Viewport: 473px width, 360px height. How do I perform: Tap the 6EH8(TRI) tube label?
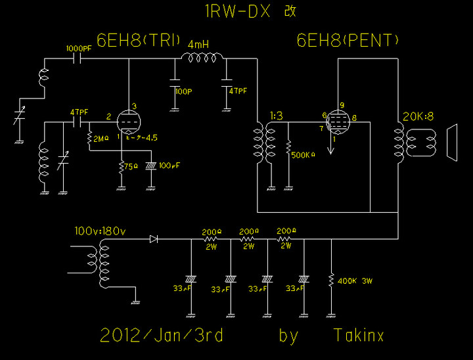click(x=139, y=41)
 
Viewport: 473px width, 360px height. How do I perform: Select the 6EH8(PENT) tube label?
click(x=348, y=41)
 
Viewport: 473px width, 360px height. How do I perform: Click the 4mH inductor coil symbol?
click(x=200, y=59)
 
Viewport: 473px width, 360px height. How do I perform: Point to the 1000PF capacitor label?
click(x=79, y=49)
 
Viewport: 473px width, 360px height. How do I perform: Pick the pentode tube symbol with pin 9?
click(x=338, y=121)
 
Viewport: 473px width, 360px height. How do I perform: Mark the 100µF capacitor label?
click(x=170, y=165)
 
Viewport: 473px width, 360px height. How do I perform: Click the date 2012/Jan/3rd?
click(x=162, y=336)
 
